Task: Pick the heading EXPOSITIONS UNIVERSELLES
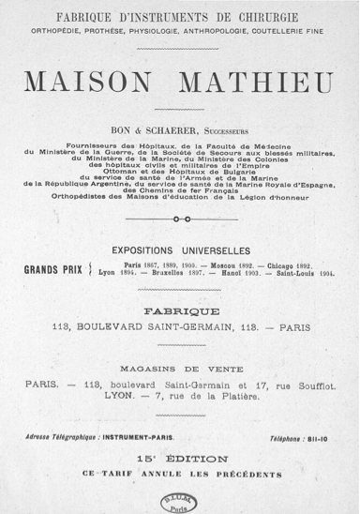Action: coord(180,250)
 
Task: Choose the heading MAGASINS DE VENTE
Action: coord(181,366)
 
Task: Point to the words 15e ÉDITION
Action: coord(181,459)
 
